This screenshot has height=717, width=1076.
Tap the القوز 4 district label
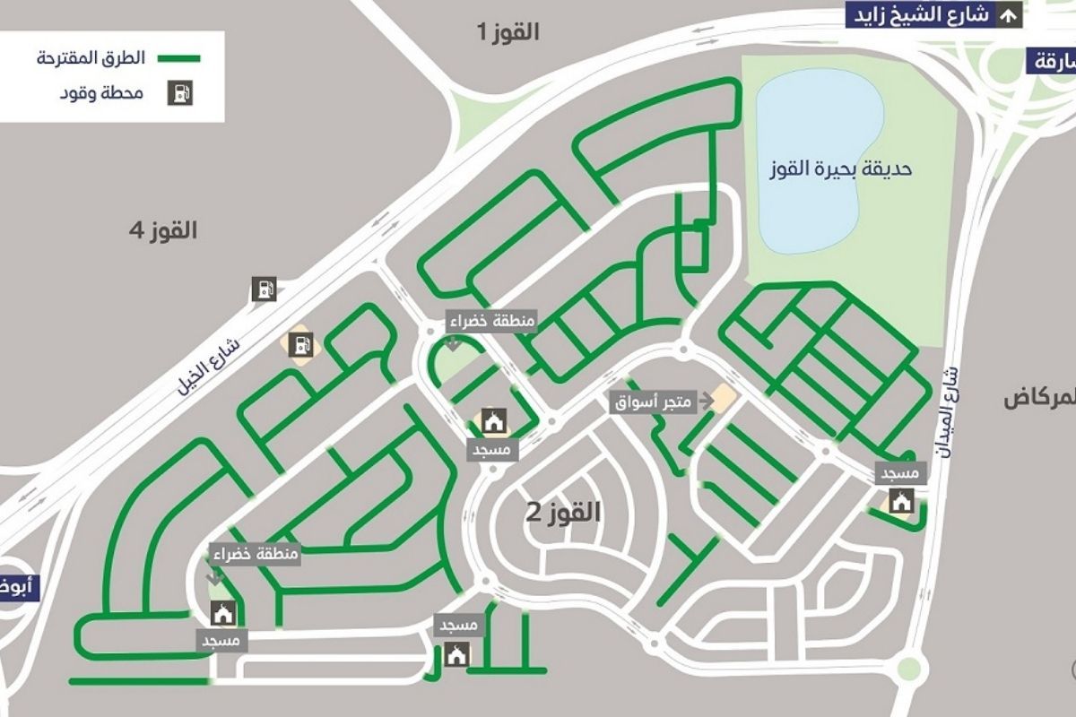[x=162, y=231]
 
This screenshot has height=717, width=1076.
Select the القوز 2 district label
[x=562, y=514]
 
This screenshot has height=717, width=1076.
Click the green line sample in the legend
[x=179, y=58]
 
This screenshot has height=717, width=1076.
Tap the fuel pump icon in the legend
[x=179, y=93]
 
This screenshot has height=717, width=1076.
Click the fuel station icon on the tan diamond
[x=298, y=343]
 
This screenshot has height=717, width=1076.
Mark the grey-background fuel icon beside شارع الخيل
[x=264, y=289]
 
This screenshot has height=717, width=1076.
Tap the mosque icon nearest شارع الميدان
[x=900, y=502]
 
